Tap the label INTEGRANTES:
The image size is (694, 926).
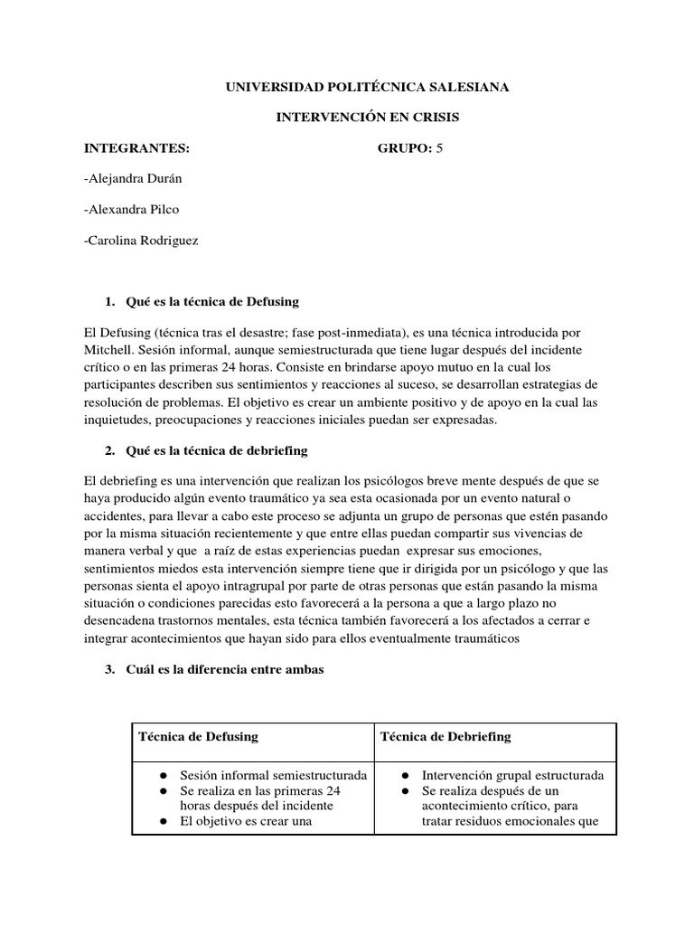(x=136, y=148)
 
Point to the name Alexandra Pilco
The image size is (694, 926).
(x=130, y=210)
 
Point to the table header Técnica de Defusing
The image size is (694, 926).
(x=198, y=736)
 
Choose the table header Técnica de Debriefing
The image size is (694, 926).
(x=445, y=736)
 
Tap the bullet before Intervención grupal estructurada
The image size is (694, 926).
(x=408, y=776)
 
